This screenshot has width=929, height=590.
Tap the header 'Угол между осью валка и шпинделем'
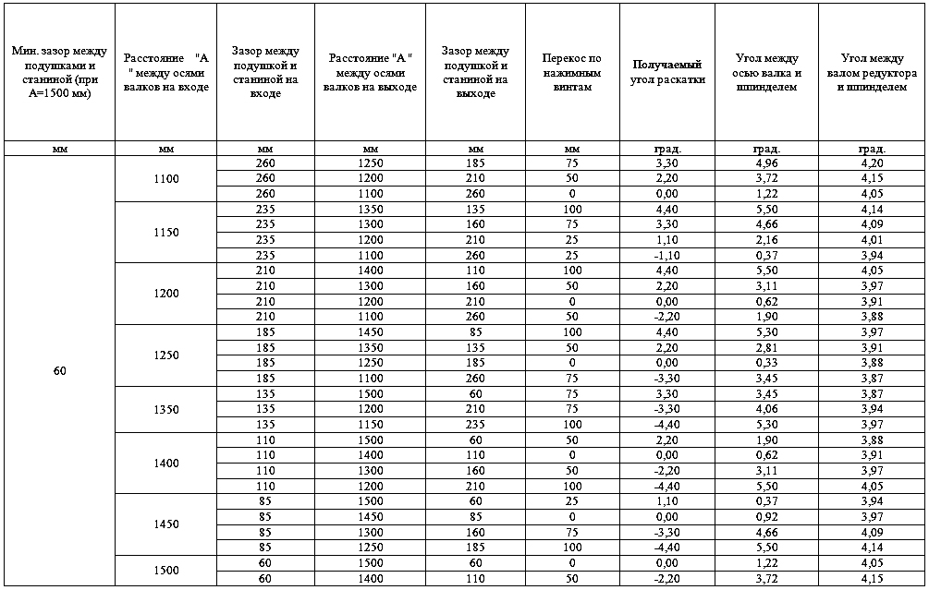click(x=766, y=72)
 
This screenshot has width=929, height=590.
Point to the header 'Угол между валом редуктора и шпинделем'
click(x=871, y=72)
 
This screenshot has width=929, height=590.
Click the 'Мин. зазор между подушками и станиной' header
click(x=59, y=72)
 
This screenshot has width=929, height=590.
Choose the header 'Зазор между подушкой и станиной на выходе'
click(x=475, y=72)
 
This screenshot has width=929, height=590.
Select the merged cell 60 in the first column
click(x=59, y=370)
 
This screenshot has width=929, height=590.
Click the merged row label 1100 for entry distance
click(x=167, y=179)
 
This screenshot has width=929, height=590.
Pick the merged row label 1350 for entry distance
click(x=167, y=409)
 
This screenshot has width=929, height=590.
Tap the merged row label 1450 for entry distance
click(x=167, y=524)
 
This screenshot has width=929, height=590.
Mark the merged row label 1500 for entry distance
click(x=167, y=571)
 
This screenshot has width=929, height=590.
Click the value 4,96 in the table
click(x=766, y=163)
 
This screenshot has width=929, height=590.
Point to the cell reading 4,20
click(x=871, y=163)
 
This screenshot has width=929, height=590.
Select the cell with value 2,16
click(x=766, y=240)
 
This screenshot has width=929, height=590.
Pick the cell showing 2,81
click(x=766, y=347)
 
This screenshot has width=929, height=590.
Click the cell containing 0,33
click(x=766, y=363)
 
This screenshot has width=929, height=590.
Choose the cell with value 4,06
click(x=766, y=409)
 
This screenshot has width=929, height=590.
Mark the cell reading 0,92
click(x=766, y=516)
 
